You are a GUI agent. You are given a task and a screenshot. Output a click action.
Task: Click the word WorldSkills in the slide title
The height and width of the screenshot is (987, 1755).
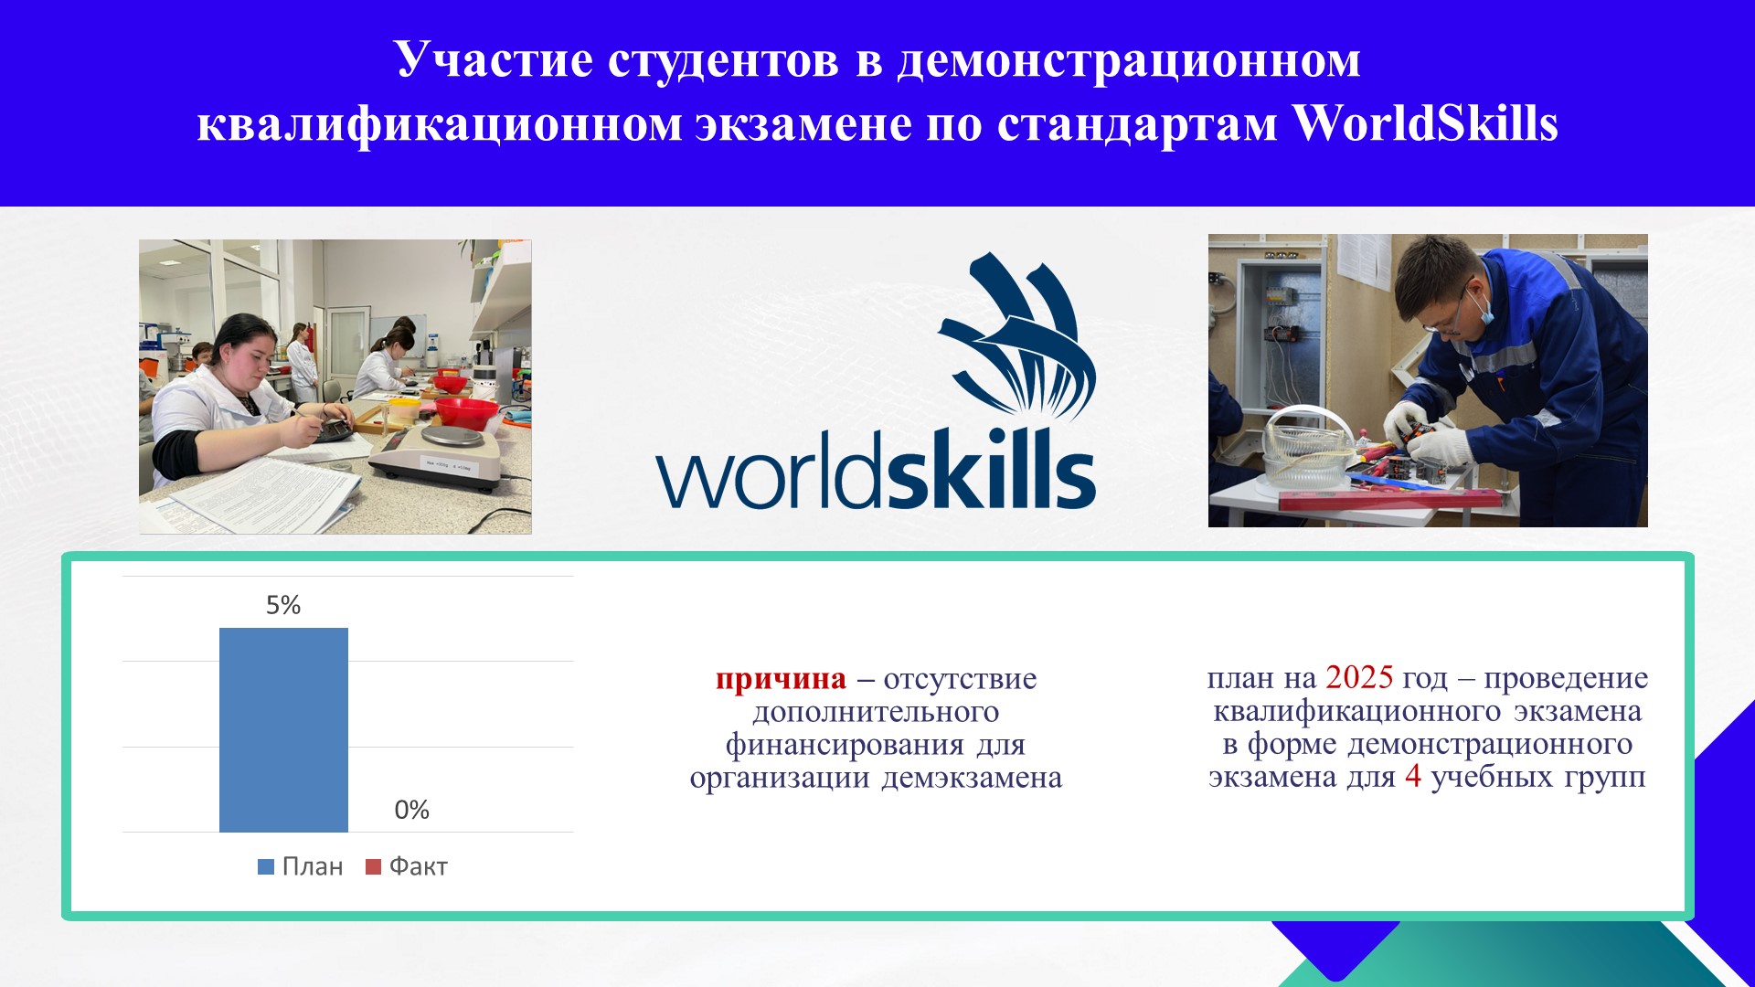point(1426,123)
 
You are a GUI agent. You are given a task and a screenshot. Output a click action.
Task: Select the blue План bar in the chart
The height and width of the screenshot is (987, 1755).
point(283,730)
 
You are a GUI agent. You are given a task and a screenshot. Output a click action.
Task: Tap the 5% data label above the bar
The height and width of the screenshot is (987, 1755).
point(283,605)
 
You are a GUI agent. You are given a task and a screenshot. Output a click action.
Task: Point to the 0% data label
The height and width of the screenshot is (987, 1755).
point(411,810)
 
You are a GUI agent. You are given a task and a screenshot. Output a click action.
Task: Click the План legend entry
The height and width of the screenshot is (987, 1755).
point(301,866)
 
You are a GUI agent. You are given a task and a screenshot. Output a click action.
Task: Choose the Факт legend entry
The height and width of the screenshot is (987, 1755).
point(407,866)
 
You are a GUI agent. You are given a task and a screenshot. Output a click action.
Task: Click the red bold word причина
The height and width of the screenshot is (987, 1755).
point(782,680)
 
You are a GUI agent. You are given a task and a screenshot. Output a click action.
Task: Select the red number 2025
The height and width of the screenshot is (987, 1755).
point(1359,677)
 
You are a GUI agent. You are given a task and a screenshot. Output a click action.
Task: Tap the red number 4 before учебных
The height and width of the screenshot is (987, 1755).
point(1413,777)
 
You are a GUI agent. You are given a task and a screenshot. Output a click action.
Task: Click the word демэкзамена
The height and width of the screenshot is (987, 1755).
point(972,778)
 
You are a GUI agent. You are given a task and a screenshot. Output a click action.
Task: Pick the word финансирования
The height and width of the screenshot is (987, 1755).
point(845,745)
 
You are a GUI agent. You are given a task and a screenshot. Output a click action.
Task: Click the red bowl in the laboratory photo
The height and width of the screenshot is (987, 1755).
point(466,410)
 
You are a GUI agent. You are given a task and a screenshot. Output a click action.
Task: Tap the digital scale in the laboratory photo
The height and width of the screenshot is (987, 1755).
point(439,452)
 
